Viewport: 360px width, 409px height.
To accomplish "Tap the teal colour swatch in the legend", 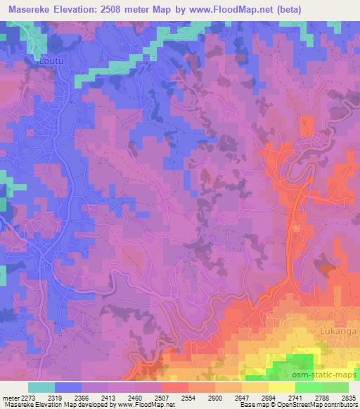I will [x=41, y=387].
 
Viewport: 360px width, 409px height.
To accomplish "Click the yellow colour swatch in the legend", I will [x=282, y=387].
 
